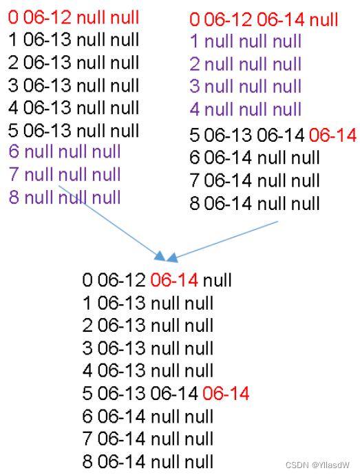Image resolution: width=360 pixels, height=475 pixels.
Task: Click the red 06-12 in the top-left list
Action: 47,17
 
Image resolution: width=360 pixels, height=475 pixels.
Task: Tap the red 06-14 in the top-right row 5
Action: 332,135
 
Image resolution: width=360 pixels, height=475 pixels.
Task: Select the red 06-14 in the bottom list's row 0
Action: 174,280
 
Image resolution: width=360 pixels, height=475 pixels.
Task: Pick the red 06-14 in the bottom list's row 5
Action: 226,393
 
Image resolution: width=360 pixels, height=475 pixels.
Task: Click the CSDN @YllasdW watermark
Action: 317,465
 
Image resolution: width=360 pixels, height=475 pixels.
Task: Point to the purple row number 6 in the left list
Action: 14,151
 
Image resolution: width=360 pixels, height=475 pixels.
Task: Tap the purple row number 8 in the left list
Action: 14,197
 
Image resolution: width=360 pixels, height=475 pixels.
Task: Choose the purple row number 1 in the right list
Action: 194,41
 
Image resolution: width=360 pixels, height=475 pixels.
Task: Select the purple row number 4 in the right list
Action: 195,109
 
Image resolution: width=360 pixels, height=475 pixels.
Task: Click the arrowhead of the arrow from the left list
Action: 160,256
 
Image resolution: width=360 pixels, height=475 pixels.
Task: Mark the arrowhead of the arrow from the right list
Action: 171,257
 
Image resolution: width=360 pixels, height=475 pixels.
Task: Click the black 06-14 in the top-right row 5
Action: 281,135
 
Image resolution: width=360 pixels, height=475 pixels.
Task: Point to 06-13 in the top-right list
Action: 228,135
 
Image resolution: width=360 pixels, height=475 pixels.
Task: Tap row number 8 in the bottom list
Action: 87,461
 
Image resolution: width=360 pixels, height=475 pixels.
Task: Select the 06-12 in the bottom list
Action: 121,280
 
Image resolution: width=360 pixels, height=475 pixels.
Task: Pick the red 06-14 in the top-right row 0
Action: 281,20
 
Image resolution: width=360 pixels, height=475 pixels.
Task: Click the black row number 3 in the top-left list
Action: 13,85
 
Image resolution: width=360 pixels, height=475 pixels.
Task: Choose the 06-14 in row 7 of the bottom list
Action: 121,439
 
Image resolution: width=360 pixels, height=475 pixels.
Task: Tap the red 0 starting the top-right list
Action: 195,20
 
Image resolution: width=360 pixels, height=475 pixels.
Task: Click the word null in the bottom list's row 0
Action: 218,280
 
